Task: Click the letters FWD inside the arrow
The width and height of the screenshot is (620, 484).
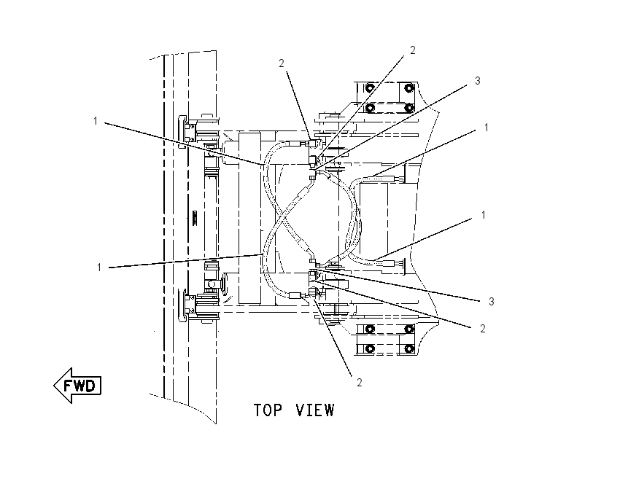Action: [80, 386]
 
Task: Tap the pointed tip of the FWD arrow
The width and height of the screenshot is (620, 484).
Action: [54, 386]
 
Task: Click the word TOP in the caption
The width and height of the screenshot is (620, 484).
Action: [268, 410]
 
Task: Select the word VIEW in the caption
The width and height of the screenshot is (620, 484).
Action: [315, 410]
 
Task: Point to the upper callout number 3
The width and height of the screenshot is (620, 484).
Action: [477, 81]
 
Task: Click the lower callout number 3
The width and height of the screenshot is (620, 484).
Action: [492, 302]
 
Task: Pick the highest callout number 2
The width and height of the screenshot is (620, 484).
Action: [413, 50]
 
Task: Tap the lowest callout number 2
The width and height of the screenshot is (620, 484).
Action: [360, 382]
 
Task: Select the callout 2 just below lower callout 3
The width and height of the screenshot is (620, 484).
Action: [482, 328]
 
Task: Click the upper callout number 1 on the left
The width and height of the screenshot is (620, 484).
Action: [96, 121]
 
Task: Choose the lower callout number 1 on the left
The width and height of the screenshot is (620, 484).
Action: [99, 268]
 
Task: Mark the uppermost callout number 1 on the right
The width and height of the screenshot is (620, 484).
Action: [487, 128]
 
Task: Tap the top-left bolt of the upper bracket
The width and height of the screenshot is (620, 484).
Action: [369, 87]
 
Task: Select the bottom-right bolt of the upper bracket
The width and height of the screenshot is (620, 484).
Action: [409, 107]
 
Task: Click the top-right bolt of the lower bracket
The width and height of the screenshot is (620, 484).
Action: [409, 329]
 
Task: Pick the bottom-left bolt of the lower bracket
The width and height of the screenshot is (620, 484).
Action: [369, 349]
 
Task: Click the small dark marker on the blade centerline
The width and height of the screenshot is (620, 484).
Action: [195, 218]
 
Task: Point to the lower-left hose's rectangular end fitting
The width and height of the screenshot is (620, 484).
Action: [295, 295]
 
